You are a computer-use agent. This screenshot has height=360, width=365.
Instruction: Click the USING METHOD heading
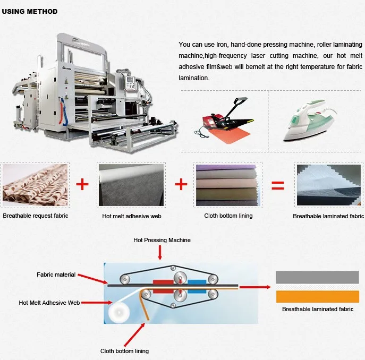[x=30, y=11]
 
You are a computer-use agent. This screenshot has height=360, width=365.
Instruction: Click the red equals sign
[x=278, y=186]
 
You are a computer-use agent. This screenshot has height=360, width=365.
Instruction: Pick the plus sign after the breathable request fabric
[x=82, y=184]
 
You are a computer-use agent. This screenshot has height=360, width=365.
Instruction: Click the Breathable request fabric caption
[x=36, y=216]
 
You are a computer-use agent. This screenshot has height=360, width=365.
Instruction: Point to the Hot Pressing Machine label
[x=162, y=241]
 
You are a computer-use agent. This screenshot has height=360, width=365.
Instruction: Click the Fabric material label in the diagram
[x=56, y=275]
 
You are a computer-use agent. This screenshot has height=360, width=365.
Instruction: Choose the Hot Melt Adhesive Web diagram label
[x=49, y=303]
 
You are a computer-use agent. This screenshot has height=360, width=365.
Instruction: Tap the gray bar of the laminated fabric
[x=317, y=277]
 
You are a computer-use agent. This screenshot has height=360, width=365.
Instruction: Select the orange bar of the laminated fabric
[x=317, y=296]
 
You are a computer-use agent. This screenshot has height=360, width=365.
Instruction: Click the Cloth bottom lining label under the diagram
[x=124, y=351]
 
